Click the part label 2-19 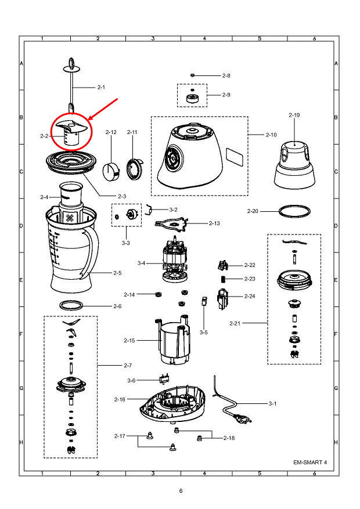pyautogui.click(x=294, y=115)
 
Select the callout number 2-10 pyautogui.click(x=271, y=135)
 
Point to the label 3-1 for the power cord pyautogui.click(x=272, y=403)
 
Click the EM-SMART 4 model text pyautogui.click(x=310, y=462)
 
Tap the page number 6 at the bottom pyautogui.click(x=181, y=491)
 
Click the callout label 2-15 pyautogui.click(x=129, y=340)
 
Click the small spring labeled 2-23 pyautogui.click(x=223, y=280)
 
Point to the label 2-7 pyautogui.click(x=128, y=365)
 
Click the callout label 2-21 pyautogui.click(x=235, y=323)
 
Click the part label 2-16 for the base pyautogui.click(x=120, y=399)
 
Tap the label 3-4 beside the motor pyautogui.click(x=141, y=263)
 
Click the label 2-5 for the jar pyautogui.click(x=117, y=273)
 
